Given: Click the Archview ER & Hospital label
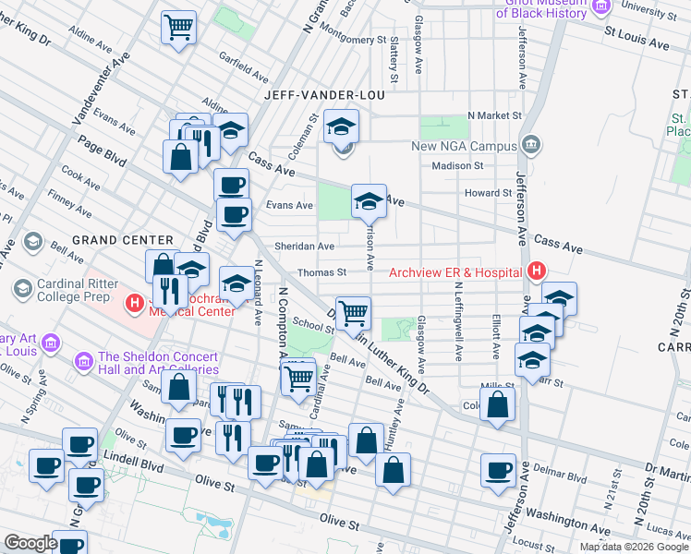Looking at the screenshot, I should (455, 272).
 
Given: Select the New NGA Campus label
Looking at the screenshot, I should (465, 146).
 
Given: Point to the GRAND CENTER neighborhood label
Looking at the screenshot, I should (122, 240).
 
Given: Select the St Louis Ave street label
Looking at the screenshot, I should (636, 43).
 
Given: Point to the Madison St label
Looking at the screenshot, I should (458, 166).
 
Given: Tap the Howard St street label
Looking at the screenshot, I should (488, 193).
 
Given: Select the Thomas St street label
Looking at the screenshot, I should (321, 272).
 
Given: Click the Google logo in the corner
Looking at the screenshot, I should (30, 543).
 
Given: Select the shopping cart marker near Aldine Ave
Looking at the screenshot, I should (179, 26).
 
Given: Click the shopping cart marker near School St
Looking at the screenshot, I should (353, 312).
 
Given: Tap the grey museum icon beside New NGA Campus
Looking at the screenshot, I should (530, 145).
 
